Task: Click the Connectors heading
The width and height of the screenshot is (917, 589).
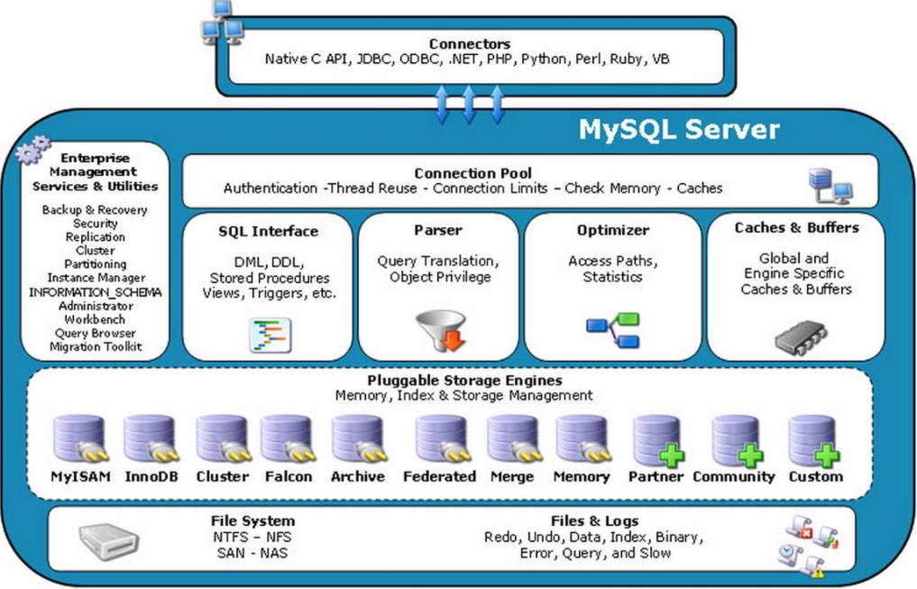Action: coord(470,44)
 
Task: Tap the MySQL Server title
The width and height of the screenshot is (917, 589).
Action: coord(679,129)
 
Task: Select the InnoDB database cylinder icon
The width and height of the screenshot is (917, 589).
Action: coord(151,438)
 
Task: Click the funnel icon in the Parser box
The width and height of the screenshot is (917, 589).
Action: coord(442,330)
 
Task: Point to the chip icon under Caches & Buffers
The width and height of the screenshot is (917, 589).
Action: coord(802,337)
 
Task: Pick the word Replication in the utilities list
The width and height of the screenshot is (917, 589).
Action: coord(96,237)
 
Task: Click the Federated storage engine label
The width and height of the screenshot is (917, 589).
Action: coord(439,476)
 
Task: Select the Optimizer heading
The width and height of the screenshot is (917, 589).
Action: coord(613,230)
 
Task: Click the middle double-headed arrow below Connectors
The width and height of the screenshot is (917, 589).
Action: coord(469,104)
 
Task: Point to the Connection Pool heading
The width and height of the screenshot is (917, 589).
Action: coord(472,173)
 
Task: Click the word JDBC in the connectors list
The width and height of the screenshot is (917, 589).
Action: coord(373,59)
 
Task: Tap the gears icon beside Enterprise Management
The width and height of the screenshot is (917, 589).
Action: coord(32,150)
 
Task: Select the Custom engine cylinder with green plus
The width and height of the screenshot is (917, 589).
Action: coord(814,441)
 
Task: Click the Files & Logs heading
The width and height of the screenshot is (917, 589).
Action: coord(594,521)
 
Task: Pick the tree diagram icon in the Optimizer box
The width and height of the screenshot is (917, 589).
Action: coord(613,330)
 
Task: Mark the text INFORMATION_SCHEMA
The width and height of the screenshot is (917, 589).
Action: coord(96,292)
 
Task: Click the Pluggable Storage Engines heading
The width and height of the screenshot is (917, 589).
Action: coord(464,380)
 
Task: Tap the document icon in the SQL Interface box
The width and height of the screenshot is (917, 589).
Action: coord(271,336)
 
